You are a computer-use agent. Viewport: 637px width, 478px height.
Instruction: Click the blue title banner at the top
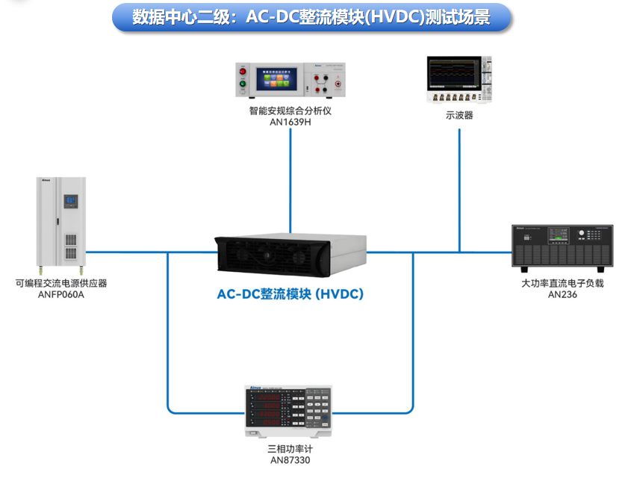point(312,18)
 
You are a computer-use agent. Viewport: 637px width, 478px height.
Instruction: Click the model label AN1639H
point(290,122)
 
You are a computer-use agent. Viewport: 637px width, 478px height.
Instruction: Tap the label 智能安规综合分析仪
point(290,111)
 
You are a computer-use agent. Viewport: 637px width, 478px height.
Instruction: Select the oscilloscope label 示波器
point(459,116)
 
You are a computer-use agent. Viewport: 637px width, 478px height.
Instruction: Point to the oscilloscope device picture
point(459,79)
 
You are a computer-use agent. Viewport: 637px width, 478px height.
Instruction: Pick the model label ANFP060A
point(61,294)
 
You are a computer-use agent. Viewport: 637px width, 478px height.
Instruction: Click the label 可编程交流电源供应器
point(61,283)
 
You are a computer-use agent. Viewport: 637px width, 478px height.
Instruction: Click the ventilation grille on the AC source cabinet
point(70,247)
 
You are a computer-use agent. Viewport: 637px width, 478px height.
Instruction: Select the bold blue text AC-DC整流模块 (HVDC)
point(290,294)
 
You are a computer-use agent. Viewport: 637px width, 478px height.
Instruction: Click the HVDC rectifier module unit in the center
point(291,255)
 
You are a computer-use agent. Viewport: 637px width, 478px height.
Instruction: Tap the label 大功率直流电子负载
point(562,283)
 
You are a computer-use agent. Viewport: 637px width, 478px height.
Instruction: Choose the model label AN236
point(562,294)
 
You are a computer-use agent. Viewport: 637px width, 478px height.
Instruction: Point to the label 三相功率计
point(290,450)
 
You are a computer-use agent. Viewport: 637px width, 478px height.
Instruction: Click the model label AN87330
point(290,461)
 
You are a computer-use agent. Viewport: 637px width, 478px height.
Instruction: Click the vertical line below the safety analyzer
point(290,179)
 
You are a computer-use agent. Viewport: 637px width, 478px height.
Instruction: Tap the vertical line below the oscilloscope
point(459,187)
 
